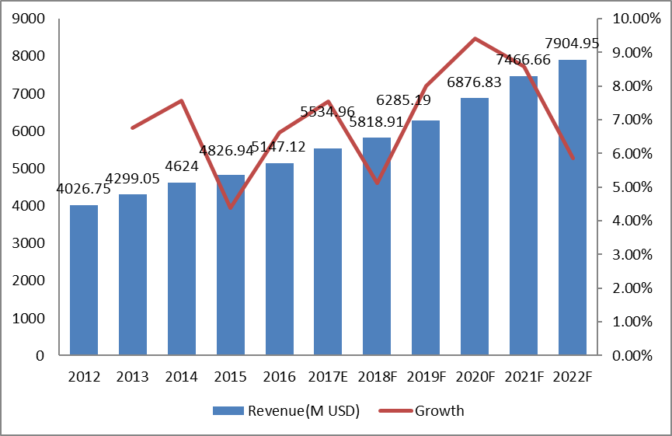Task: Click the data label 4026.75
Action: [x=84, y=189]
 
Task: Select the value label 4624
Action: [x=182, y=166]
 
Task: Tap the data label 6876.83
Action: [x=476, y=82]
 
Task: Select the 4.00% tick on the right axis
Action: [x=629, y=221]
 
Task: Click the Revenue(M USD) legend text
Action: [x=304, y=411]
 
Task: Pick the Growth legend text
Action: [x=440, y=411]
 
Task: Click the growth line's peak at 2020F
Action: [x=475, y=38]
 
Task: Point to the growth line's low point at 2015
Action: [x=231, y=208]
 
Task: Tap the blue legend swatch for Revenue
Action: [x=228, y=411]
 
